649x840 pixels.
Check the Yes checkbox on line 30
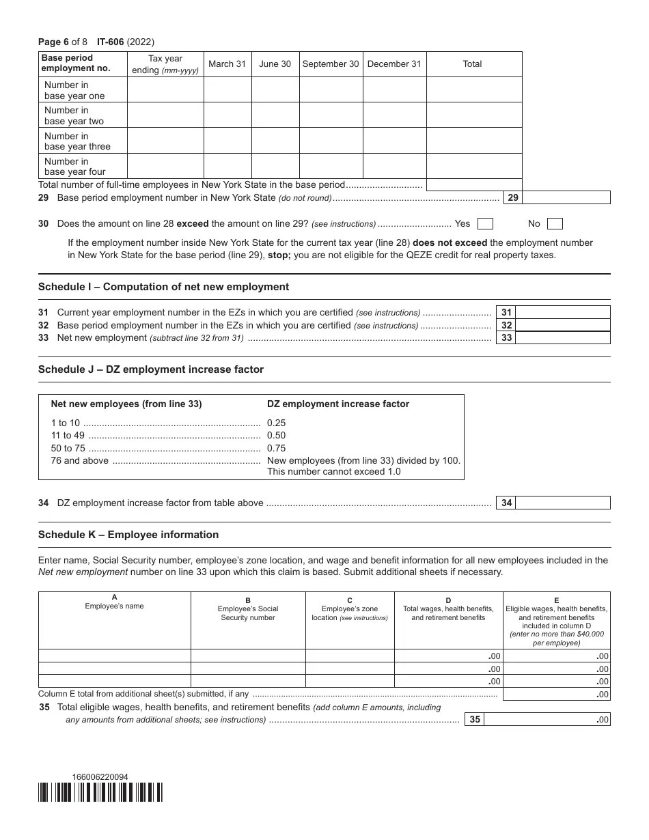tap(485, 224)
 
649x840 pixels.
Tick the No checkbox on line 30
tap(555, 224)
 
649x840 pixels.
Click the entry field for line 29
tap(566, 198)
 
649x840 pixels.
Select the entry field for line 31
tap(562, 313)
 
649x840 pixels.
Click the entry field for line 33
tap(562, 338)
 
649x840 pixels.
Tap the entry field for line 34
tap(562, 503)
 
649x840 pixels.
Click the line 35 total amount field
tap(546, 719)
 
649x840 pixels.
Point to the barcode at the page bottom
tap(100, 792)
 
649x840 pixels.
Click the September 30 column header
tap(330, 64)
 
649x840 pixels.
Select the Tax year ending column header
tap(165, 64)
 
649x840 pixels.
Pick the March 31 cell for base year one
tap(227, 90)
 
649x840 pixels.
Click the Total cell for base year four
tap(473, 167)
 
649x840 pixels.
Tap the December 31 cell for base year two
tap(394, 115)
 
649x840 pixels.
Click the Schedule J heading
tap(150, 369)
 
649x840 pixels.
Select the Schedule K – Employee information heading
tap(128, 535)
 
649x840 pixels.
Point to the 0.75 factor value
tap(276, 449)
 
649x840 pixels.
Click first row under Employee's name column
tap(114, 656)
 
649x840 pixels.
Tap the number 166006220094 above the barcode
tap(100, 777)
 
